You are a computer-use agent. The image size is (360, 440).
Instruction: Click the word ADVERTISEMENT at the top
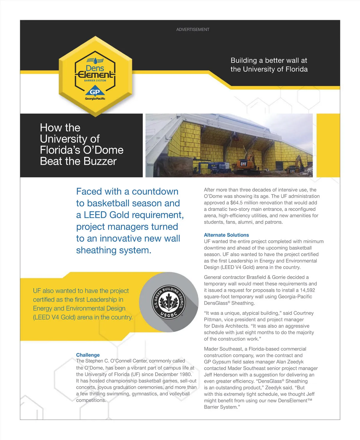point(193,29)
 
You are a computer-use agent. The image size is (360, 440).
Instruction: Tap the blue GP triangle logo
point(95,92)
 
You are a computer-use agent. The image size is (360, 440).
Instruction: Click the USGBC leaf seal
point(169,302)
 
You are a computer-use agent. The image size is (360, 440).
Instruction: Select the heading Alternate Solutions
point(226,235)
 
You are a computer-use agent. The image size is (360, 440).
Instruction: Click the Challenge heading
point(88,355)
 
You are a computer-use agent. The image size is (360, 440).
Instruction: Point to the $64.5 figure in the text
point(237,203)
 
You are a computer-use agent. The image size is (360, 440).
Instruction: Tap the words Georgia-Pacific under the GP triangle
point(95,99)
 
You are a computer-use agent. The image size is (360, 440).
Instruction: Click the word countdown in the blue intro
point(155,191)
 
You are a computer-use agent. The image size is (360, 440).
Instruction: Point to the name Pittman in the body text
point(214,319)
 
